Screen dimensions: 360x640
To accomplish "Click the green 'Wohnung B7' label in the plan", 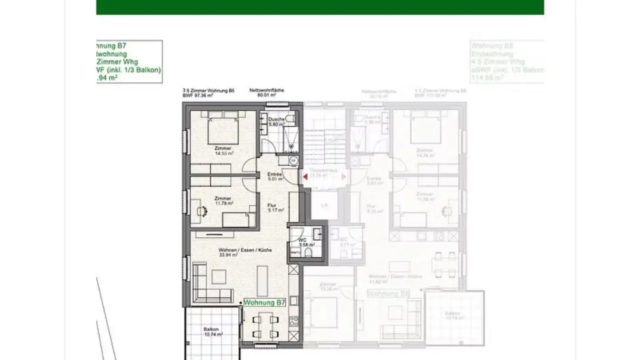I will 264,303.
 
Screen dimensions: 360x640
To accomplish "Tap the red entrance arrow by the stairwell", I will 305,177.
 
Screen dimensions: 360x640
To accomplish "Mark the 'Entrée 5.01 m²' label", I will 276,177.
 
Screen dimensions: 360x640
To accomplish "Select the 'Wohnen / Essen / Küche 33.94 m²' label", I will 245,252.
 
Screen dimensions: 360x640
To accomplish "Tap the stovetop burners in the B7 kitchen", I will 294,320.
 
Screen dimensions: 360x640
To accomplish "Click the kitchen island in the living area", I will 263,281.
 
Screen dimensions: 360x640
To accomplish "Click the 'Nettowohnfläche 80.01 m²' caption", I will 267,92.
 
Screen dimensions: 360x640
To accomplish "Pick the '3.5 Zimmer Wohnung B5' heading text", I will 208,91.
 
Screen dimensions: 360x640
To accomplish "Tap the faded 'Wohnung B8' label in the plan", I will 388,294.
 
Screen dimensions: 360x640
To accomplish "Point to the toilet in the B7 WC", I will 308,253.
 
